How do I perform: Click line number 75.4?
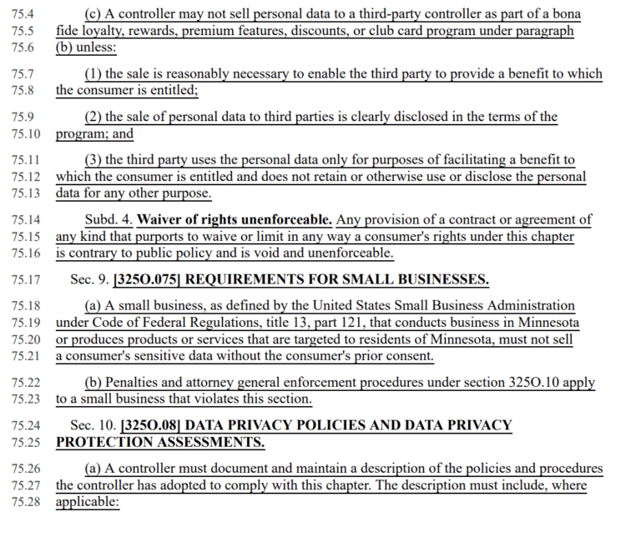[x=23, y=14]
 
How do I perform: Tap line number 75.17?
[x=25, y=279]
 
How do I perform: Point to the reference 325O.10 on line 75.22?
[x=536, y=383]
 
